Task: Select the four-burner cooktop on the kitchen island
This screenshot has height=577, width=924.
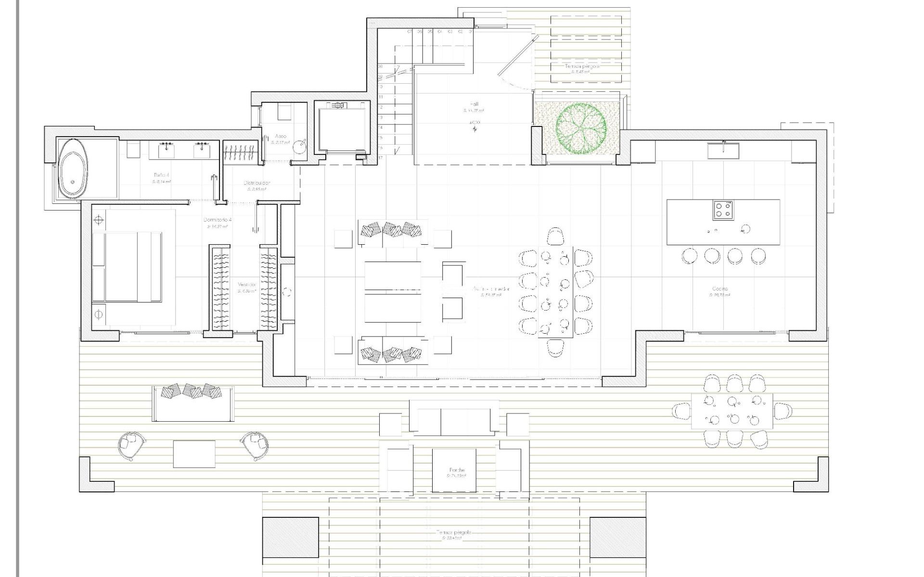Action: [x=723, y=210]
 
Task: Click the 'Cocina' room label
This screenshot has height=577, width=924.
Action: [x=720, y=289]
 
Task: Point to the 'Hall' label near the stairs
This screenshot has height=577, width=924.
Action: [x=475, y=104]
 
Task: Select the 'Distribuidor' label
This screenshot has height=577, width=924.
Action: [x=257, y=183]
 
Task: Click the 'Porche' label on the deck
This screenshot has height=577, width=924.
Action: [x=457, y=470]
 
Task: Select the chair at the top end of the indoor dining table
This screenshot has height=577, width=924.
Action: [x=556, y=236]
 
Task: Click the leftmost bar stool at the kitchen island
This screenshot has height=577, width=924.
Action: [x=689, y=255]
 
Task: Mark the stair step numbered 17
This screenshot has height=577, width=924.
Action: [x=381, y=158]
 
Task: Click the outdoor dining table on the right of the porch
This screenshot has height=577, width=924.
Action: [x=732, y=411]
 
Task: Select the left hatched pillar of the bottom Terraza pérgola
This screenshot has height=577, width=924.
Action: [x=290, y=537]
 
